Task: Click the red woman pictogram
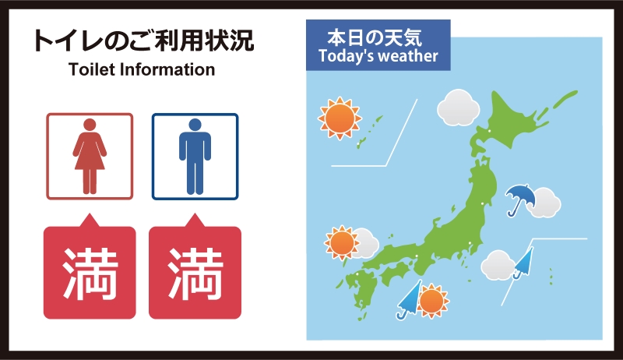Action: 90,156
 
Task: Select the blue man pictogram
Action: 195,156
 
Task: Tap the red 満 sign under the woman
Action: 90,267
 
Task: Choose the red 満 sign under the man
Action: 195,267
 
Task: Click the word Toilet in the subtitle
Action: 92,69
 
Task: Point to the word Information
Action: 167,69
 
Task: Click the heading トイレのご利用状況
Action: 143,41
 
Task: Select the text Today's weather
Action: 378,56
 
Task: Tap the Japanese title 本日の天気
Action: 375,37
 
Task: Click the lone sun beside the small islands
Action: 340,118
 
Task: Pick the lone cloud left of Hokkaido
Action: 459,108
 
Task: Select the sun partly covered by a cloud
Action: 342,243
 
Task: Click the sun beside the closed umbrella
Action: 432,302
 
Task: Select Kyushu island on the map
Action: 361,292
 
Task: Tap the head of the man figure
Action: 195,125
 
